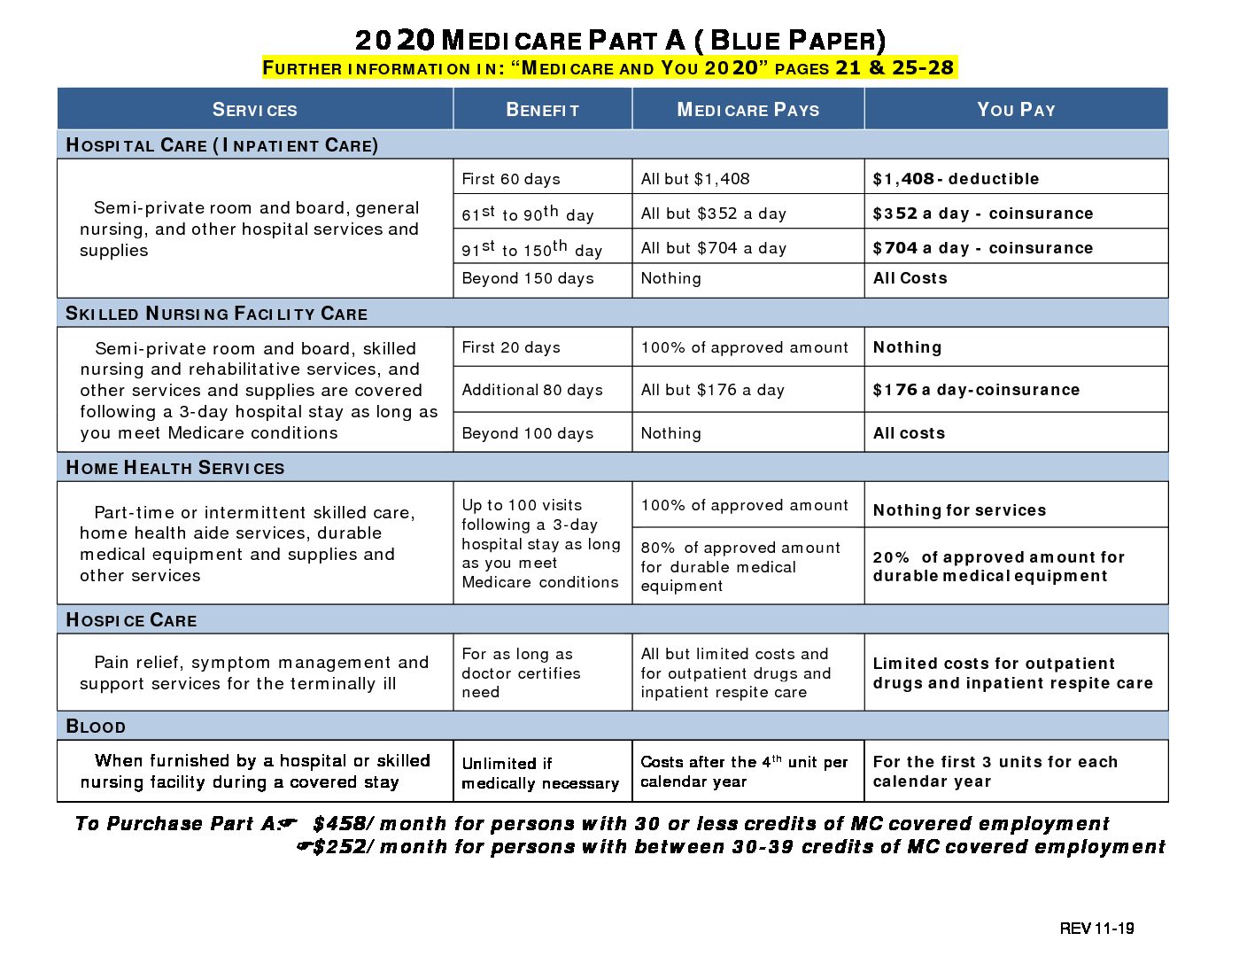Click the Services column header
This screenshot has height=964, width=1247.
click(255, 110)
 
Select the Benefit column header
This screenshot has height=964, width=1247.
click(542, 110)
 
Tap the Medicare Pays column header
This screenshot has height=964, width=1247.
click(747, 110)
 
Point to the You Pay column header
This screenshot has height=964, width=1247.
click(1016, 110)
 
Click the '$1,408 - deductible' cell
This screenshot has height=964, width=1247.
click(956, 179)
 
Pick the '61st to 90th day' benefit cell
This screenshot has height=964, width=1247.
click(528, 214)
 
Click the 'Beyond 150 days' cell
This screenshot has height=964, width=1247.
click(528, 278)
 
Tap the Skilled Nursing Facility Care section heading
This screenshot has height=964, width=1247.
click(217, 314)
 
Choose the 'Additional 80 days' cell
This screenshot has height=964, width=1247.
click(532, 390)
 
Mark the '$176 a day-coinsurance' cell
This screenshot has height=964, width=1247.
click(976, 390)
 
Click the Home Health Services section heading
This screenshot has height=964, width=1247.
click(175, 468)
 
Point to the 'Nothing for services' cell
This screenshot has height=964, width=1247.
click(959, 510)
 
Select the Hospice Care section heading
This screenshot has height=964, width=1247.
click(131, 620)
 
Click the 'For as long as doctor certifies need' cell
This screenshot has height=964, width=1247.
click(521, 672)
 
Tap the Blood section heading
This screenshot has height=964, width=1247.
click(96, 727)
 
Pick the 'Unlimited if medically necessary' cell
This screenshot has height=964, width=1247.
click(540, 773)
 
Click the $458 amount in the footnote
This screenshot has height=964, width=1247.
click(339, 824)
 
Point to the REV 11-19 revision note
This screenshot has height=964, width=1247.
click(1096, 929)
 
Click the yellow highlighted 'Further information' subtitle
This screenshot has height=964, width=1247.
click(608, 68)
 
